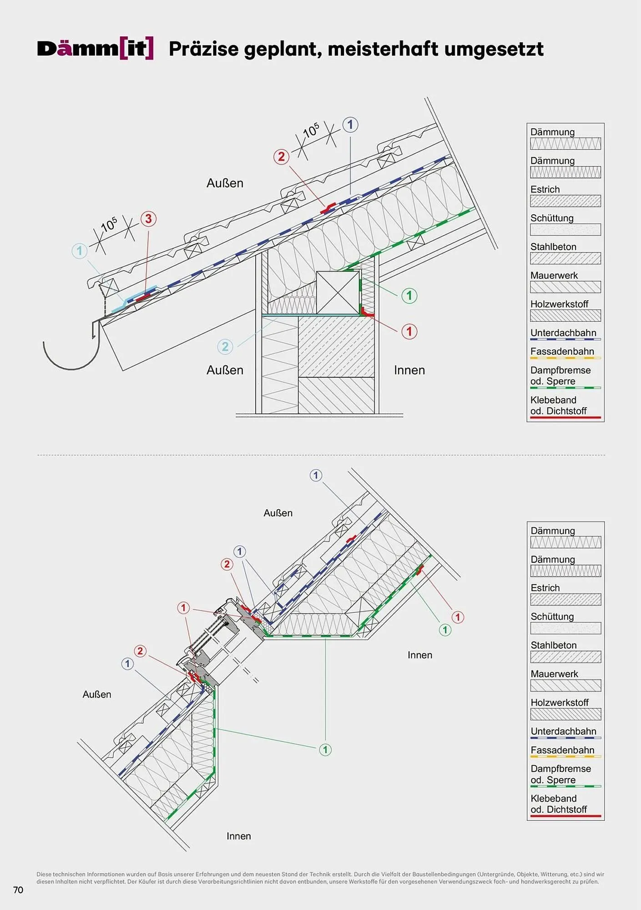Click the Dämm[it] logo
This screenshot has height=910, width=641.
click(95, 49)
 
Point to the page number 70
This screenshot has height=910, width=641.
click(18, 890)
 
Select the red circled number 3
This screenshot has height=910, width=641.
click(148, 219)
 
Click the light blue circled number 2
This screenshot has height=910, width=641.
click(225, 347)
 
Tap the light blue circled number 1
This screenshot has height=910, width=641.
click(80, 251)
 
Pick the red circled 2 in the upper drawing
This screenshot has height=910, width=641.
click(281, 157)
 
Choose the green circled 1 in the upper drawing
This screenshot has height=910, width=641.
click(409, 296)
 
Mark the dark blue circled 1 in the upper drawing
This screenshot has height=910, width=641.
click(350, 125)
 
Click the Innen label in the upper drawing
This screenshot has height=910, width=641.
click(409, 370)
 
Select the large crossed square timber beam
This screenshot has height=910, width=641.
click(338, 293)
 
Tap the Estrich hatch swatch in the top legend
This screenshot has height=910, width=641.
click(565, 201)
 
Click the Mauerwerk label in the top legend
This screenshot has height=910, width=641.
click(554, 275)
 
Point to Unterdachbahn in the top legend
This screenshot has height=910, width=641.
click(563, 333)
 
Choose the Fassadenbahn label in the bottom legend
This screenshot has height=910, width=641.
click(562, 750)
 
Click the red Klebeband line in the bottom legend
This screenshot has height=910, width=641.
click(565, 816)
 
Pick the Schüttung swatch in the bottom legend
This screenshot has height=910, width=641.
click(565, 628)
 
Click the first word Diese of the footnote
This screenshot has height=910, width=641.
click(44, 874)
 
